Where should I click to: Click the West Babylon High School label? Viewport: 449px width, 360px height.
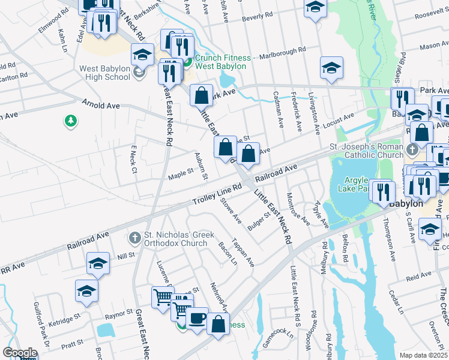click(x=105, y=73)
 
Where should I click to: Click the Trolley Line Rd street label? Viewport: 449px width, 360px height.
click(x=217, y=195)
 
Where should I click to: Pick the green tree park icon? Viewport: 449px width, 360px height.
click(x=71, y=121)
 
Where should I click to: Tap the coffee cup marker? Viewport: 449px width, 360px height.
click(x=196, y=318)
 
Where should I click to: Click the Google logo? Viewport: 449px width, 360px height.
click(x=20, y=353)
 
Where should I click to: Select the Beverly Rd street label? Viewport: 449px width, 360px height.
click(x=253, y=17)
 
